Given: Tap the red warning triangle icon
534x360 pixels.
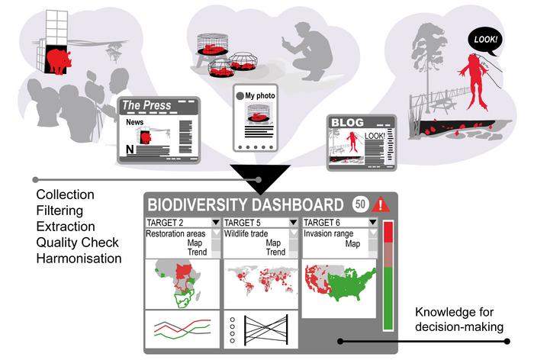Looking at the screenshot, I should (x=381, y=204).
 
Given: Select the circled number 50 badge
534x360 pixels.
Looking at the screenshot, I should (x=360, y=204).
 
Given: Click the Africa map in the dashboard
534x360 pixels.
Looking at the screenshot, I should (x=182, y=282).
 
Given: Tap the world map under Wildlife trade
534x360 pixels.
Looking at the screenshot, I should (x=261, y=281).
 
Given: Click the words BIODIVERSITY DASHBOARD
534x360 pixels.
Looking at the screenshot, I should (x=245, y=205).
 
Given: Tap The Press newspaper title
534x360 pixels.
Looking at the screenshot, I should (x=147, y=105).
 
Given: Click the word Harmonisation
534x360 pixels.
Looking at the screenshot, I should (x=79, y=259).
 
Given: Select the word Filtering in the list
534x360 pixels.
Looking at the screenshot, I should (x=62, y=211).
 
